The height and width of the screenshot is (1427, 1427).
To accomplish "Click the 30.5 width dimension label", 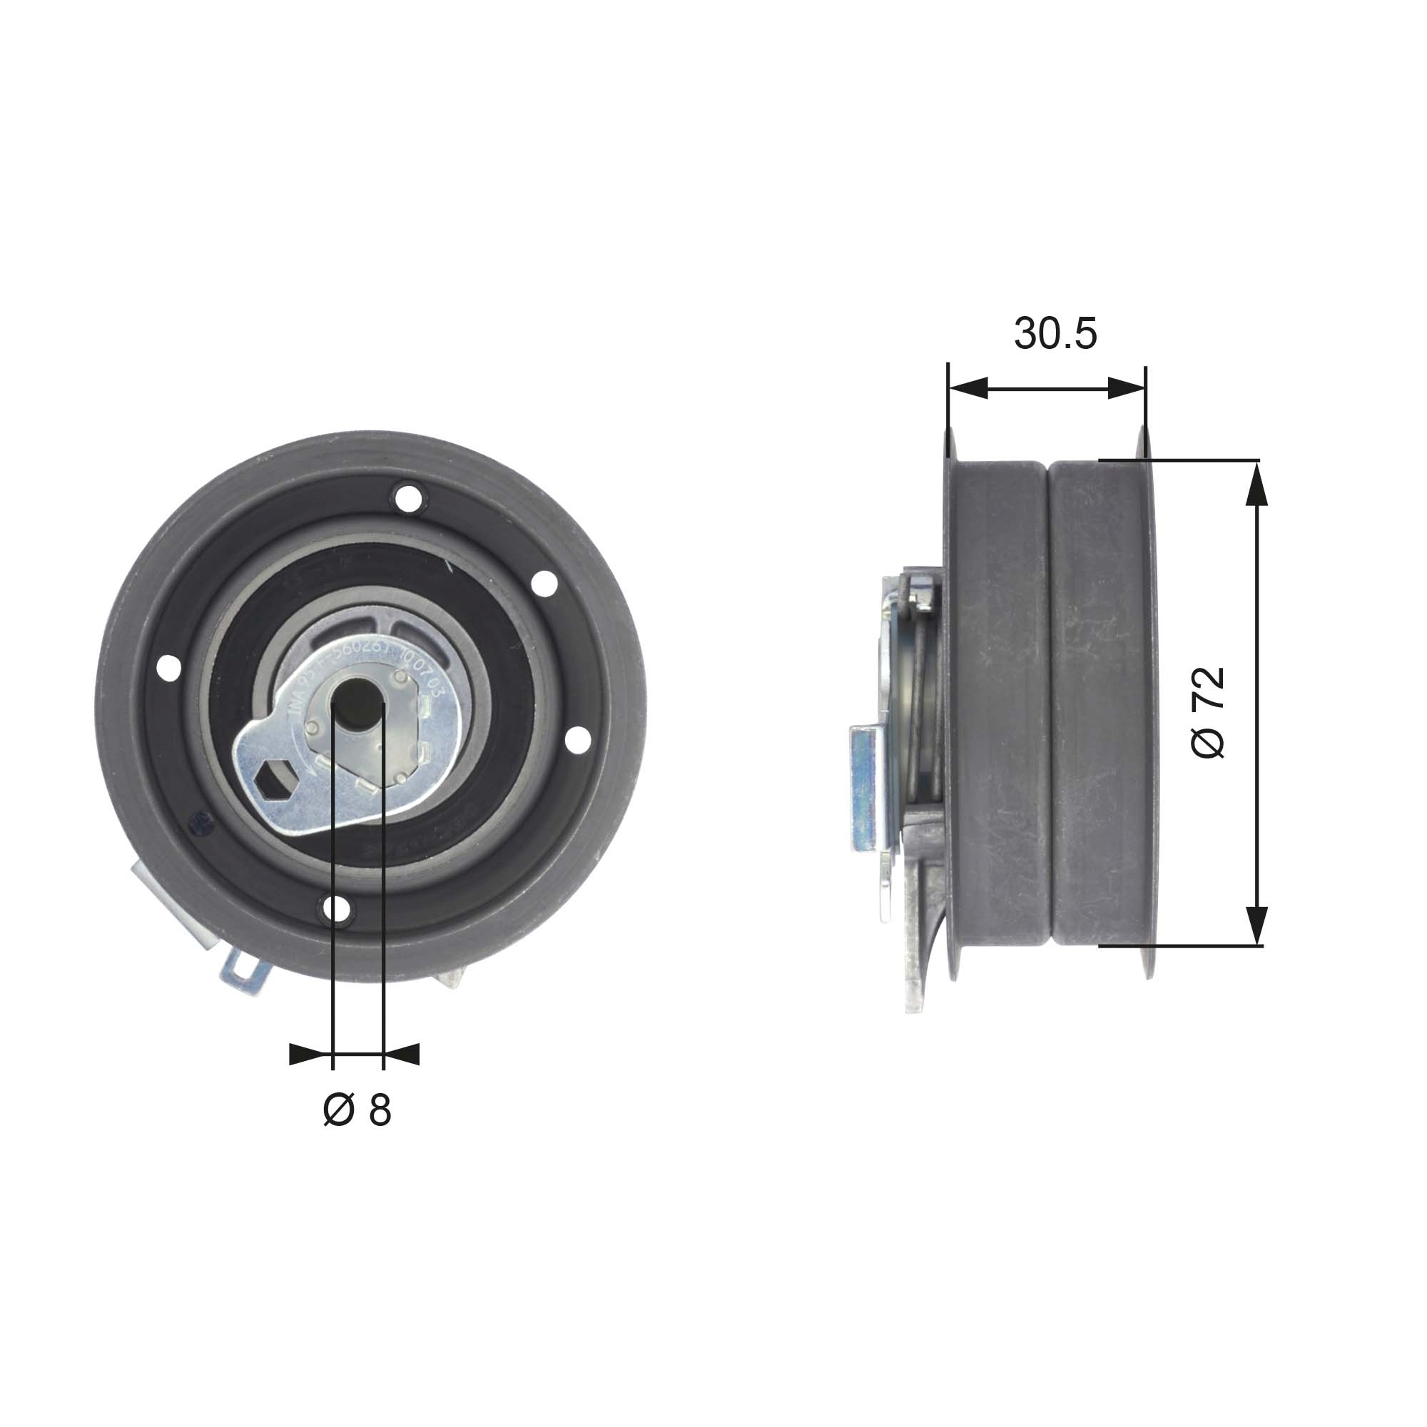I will pos(1055,333).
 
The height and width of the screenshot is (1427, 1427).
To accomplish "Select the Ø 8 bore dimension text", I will pos(357,1109).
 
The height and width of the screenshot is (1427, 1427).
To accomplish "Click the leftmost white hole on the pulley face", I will pos(168,669).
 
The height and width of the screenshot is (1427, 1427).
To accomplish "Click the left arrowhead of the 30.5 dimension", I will pos(968,387).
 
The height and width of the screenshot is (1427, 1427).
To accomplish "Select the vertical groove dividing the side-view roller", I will pos(1050,701).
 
